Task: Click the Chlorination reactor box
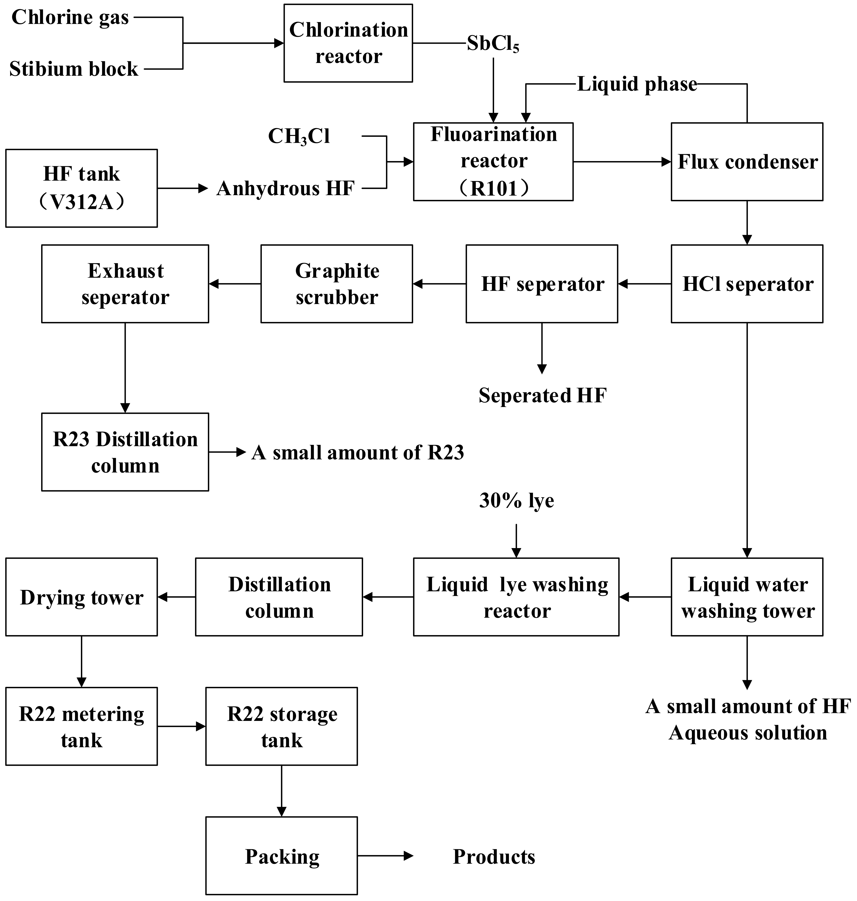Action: point(348,43)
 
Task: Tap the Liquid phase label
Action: point(637,84)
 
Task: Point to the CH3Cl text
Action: point(299,136)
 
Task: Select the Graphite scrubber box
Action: point(337,284)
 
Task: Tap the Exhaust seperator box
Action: point(125,284)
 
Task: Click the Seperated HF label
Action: point(542,395)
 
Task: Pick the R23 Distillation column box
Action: point(125,452)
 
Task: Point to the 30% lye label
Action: point(516,501)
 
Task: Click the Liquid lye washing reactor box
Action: point(516,597)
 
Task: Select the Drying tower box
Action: point(81,597)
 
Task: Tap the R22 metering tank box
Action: point(81,727)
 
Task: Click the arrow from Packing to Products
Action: point(385,856)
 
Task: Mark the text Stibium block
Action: point(74,69)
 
